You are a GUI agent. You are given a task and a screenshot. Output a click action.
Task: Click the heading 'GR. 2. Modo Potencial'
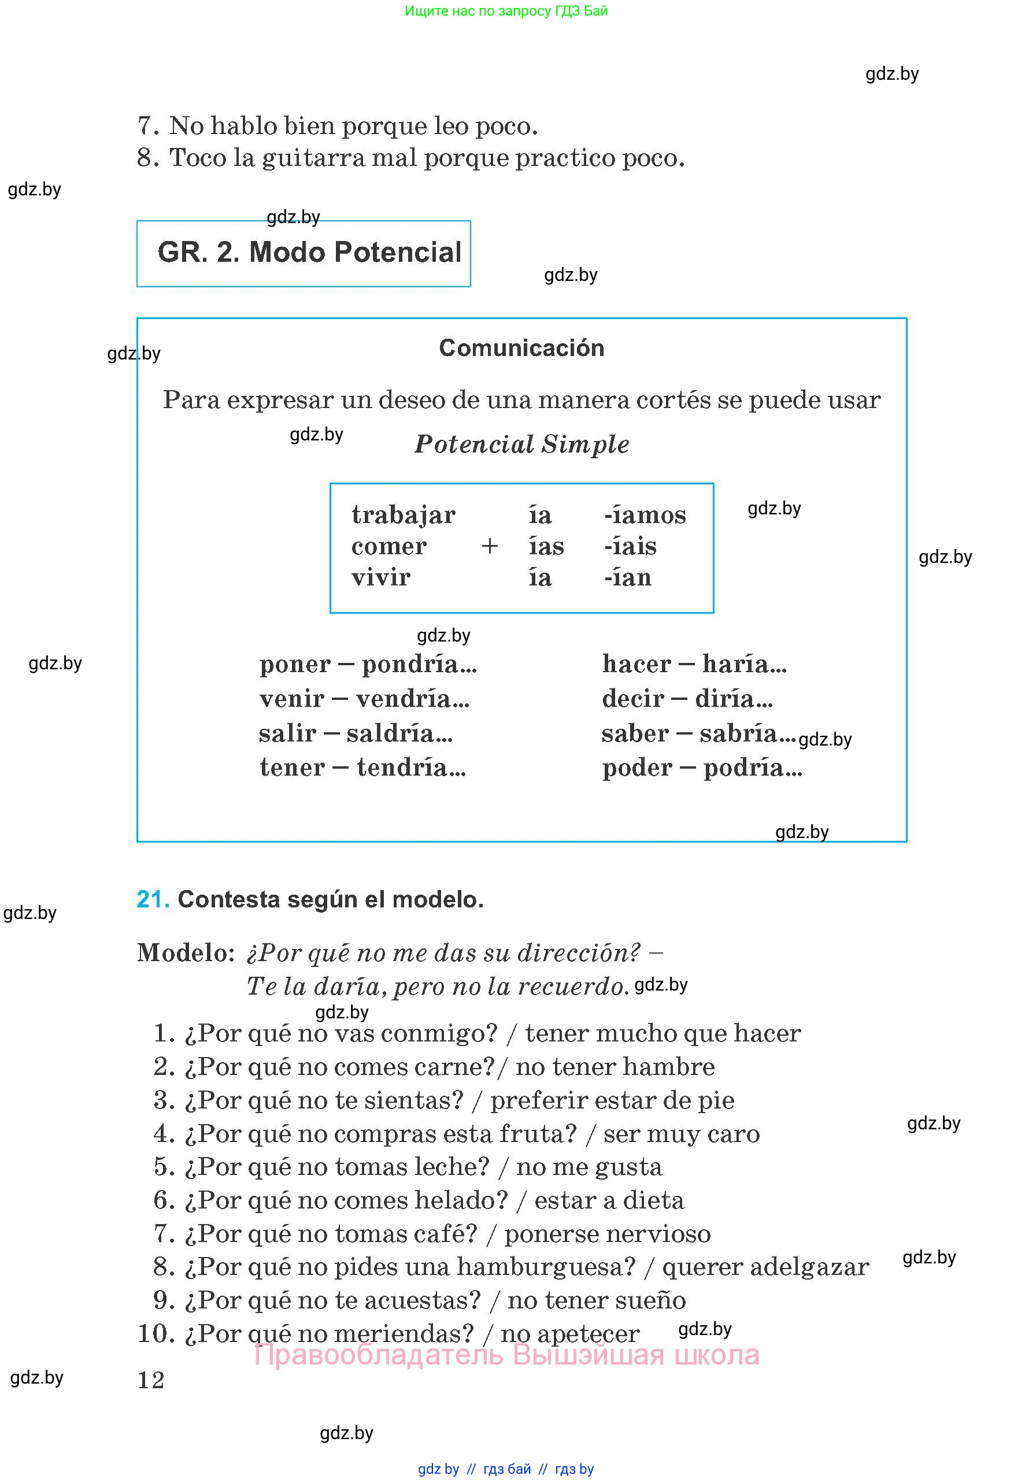click(309, 252)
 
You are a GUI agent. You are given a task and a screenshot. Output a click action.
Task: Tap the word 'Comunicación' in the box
click(521, 348)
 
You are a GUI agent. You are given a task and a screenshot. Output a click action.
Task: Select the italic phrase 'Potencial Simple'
click(521, 444)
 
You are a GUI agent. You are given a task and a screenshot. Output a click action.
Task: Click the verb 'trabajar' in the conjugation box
click(404, 516)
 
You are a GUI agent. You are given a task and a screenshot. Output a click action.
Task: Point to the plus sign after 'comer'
click(490, 546)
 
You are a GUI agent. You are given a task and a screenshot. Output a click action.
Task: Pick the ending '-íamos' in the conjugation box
click(645, 514)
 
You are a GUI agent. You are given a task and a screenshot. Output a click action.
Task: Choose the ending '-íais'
click(631, 546)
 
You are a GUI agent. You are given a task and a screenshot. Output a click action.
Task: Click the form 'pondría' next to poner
click(419, 664)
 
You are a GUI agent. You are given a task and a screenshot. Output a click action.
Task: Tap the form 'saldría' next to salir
click(399, 733)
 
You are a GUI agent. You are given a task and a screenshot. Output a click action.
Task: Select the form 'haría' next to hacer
click(745, 664)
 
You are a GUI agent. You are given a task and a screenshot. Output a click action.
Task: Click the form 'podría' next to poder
click(753, 768)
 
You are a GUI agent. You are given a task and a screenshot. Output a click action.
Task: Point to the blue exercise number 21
click(153, 899)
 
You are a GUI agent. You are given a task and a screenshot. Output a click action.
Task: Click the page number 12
click(151, 1380)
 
